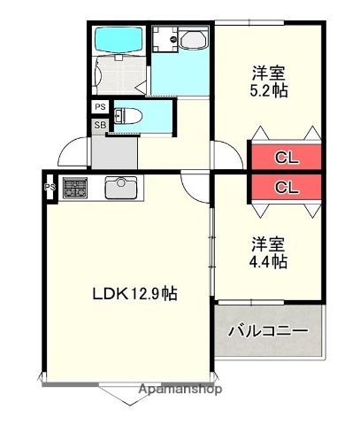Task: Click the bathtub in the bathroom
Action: pos(118,42)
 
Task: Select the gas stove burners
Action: pos(73,188)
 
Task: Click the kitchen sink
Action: pos(119,188)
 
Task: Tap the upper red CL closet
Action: pos(285,158)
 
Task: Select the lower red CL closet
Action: pos(285,187)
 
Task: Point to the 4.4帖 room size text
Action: pos(267,261)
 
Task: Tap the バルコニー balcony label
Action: pos(268,331)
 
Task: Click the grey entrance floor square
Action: pos(110,152)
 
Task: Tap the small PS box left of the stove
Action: pos(50,187)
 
